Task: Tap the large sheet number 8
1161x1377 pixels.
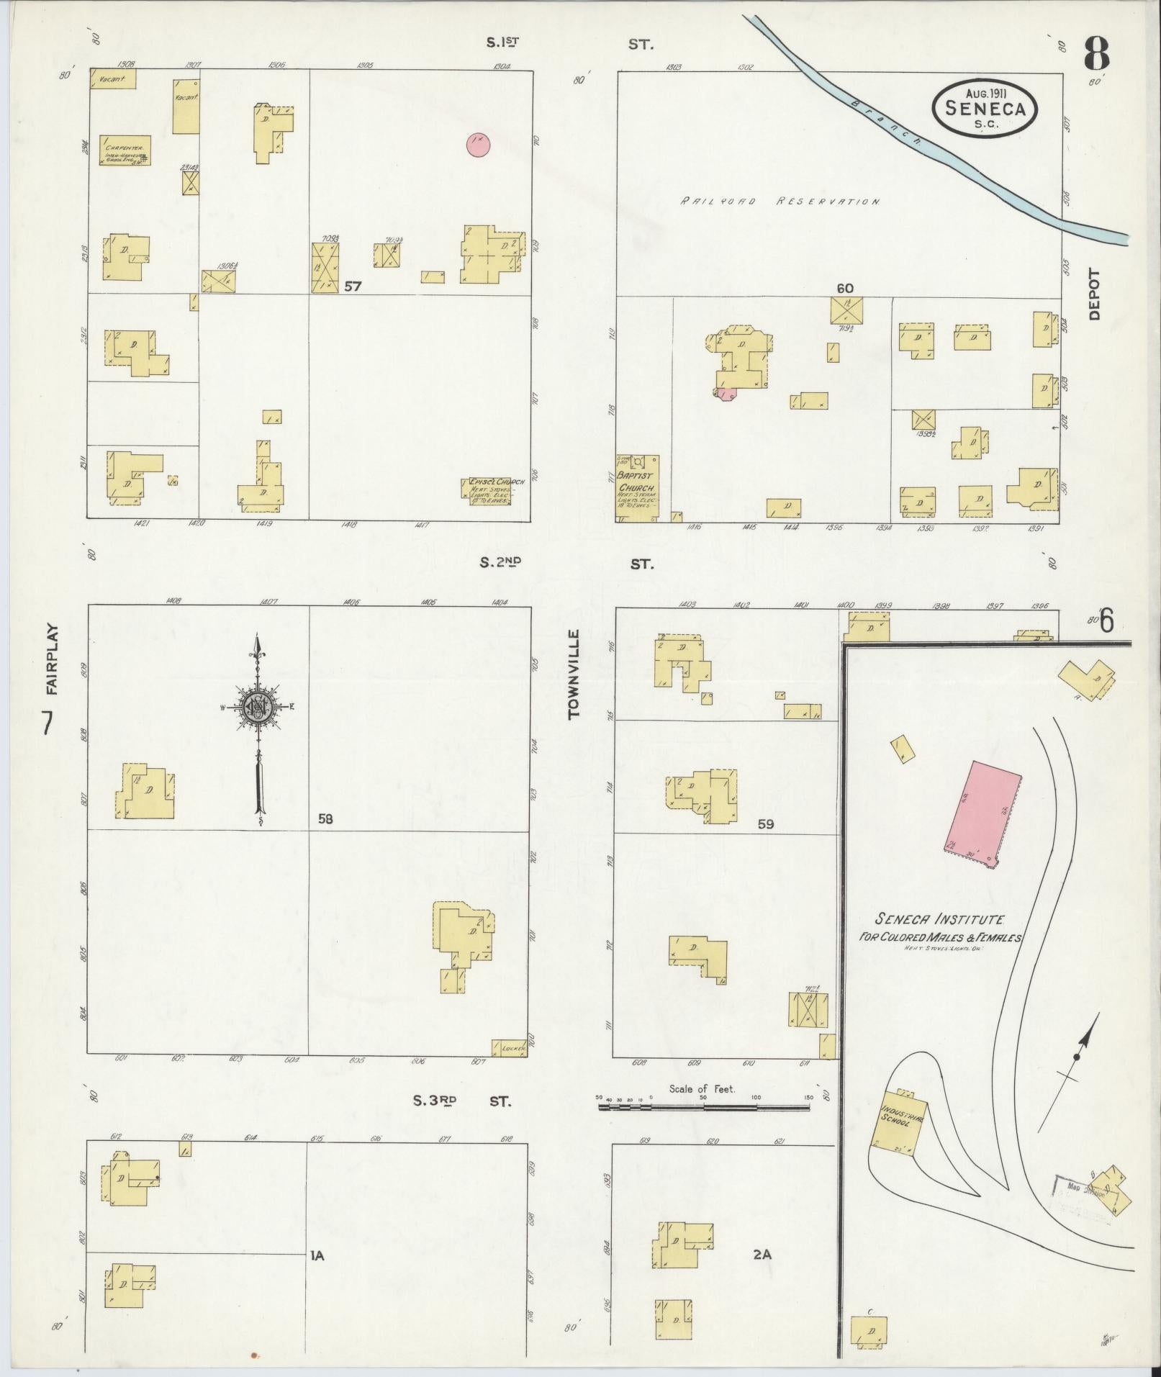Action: (1096, 53)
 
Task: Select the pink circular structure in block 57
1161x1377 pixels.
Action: (479, 144)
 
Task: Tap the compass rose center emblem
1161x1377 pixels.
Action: (257, 707)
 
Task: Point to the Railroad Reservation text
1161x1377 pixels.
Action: (780, 202)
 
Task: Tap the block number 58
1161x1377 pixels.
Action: (326, 818)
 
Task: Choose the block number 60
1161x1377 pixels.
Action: (844, 288)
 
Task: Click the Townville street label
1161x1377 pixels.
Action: (574, 674)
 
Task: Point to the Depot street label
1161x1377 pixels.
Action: (1095, 294)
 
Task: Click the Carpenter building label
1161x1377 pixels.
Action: (125, 150)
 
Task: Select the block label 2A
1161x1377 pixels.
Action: (762, 1254)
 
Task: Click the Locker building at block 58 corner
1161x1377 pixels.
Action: (510, 1047)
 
